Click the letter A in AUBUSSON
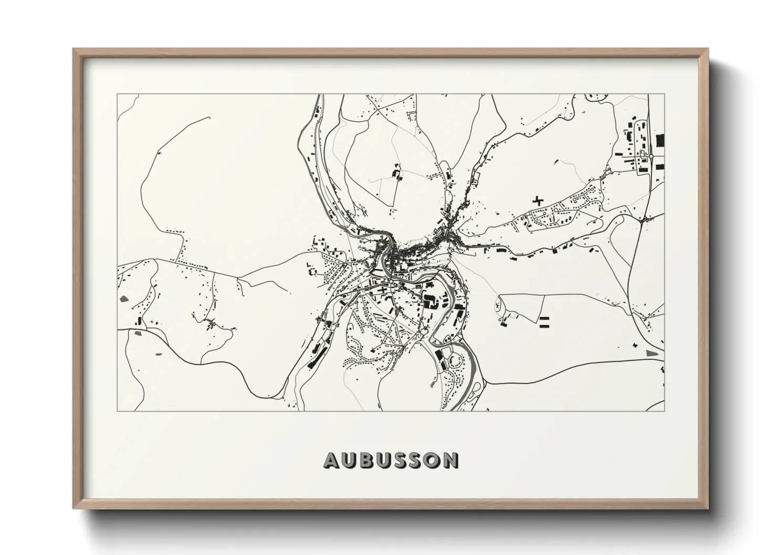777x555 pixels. [332, 460]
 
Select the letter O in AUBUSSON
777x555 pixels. [432, 460]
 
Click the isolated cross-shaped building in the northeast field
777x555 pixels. [537, 200]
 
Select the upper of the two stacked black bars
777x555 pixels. [544, 318]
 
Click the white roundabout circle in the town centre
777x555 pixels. [391, 282]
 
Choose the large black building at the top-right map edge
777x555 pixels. [660, 141]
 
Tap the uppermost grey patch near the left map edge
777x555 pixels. [124, 299]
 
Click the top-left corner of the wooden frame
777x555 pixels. [74, 50]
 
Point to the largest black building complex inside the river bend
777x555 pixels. [433, 303]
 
